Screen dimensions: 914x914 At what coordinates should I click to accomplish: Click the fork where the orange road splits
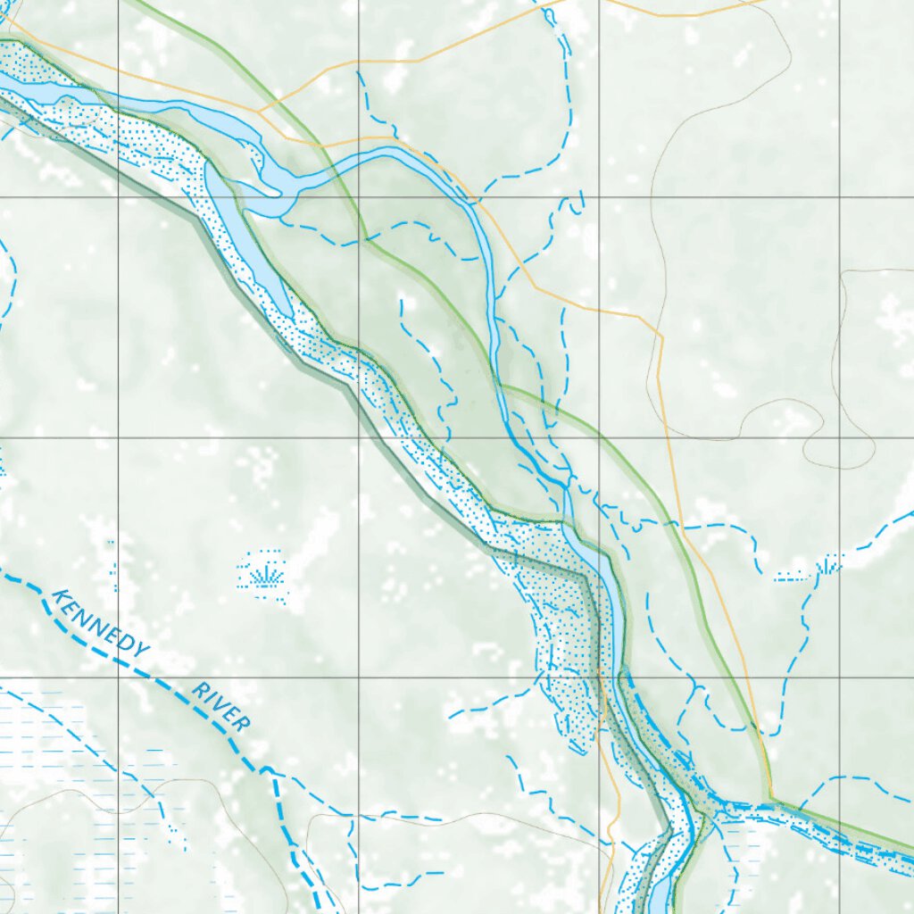(x=260, y=112)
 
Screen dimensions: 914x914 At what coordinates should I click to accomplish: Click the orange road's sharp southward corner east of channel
(x=661, y=335)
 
